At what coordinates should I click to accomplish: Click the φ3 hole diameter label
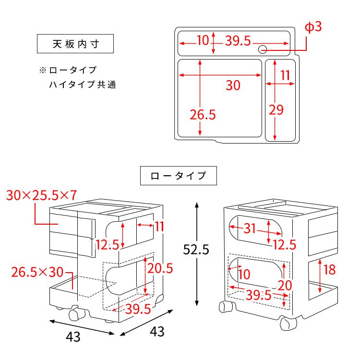click(313, 27)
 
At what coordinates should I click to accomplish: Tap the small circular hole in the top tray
click(263, 49)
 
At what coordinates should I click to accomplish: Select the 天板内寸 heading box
click(75, 44)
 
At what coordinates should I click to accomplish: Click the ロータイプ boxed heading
click(179, 176)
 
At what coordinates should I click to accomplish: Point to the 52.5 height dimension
click(196, 249)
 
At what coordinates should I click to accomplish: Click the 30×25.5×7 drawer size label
click(42, 195)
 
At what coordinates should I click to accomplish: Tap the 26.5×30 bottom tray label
click(37, 272)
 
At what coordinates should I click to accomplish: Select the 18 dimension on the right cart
click(329, 270)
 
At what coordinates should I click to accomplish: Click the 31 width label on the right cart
click(250, 228)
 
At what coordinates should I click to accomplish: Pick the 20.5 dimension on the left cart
click(160, 268)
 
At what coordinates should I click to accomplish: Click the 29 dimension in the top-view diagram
click(276, 110)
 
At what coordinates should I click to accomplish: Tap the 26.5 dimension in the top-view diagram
click(203, 115)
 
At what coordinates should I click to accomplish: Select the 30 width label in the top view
click(233, 85)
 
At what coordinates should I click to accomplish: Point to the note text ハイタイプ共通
click(83, 84)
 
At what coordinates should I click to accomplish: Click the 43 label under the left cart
click(73, 337)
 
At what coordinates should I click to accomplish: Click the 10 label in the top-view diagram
click(203, 40)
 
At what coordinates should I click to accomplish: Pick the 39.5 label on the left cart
click(138, 309)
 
